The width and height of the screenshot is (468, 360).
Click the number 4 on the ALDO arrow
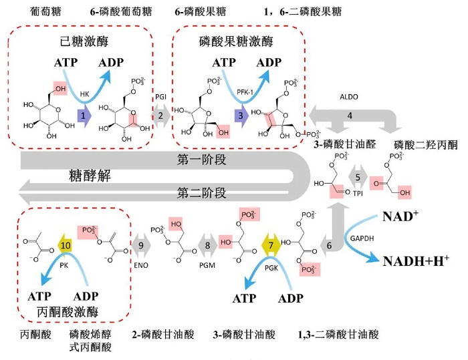pyautogui.click(x=349, y=115)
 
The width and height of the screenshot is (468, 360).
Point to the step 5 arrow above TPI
pyautogui.click(x=358, y=178)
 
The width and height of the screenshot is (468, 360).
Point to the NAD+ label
pyautogui.click(x=400, y=216)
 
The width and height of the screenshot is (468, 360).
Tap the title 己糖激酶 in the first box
pyautogui.click(x=83, y=41)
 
